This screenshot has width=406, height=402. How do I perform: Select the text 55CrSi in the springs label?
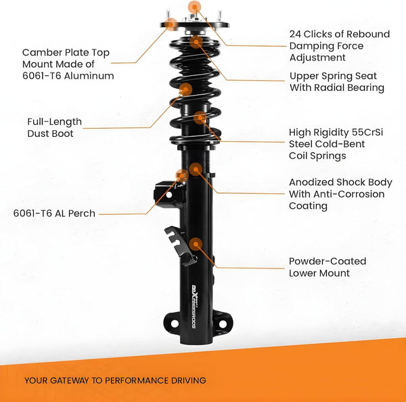[x=365, y=132]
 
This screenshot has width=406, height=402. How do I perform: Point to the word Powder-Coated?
[x=328, y=261]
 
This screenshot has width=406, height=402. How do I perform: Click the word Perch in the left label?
[x=81, y=214]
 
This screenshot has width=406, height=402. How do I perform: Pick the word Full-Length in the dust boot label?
[x=54, y=122]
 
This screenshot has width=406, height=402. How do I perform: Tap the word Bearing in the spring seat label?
[x=365, y=87]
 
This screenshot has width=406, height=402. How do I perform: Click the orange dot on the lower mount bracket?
[x=196, y=243]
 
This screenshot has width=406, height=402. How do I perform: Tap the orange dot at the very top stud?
[x=195, y=7]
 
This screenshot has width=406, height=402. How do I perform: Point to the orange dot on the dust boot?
[x=185, y=89]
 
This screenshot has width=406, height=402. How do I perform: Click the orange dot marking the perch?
[x=181, y=175]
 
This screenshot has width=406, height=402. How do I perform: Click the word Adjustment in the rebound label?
[x=317, y=58]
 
